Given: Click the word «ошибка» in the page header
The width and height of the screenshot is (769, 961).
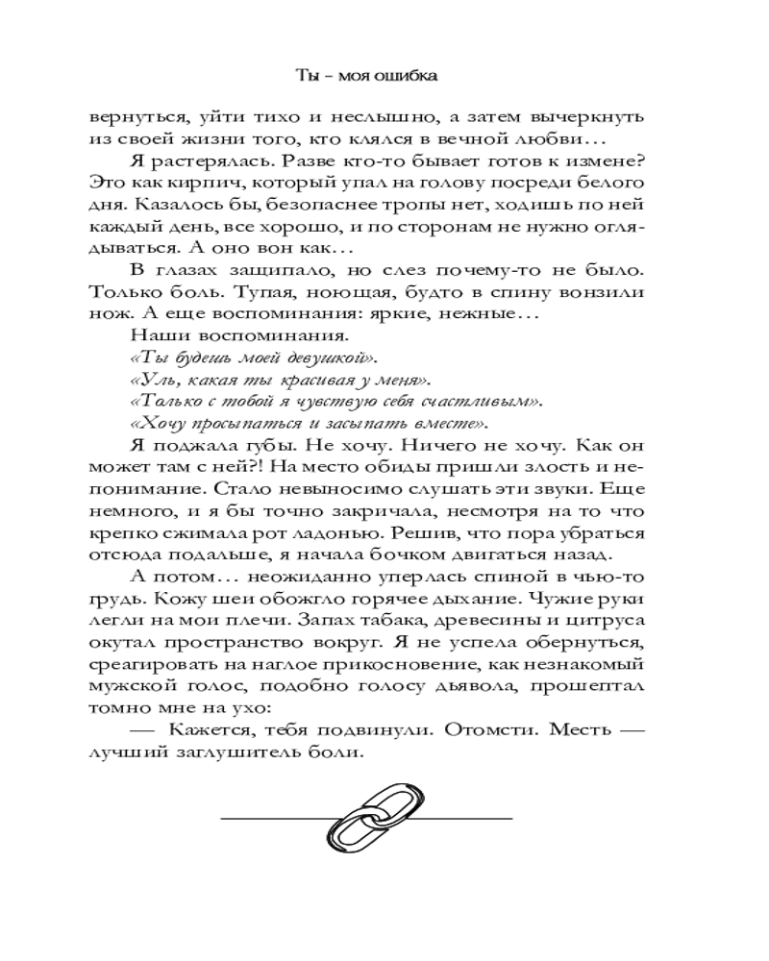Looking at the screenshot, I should click(418, 75).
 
